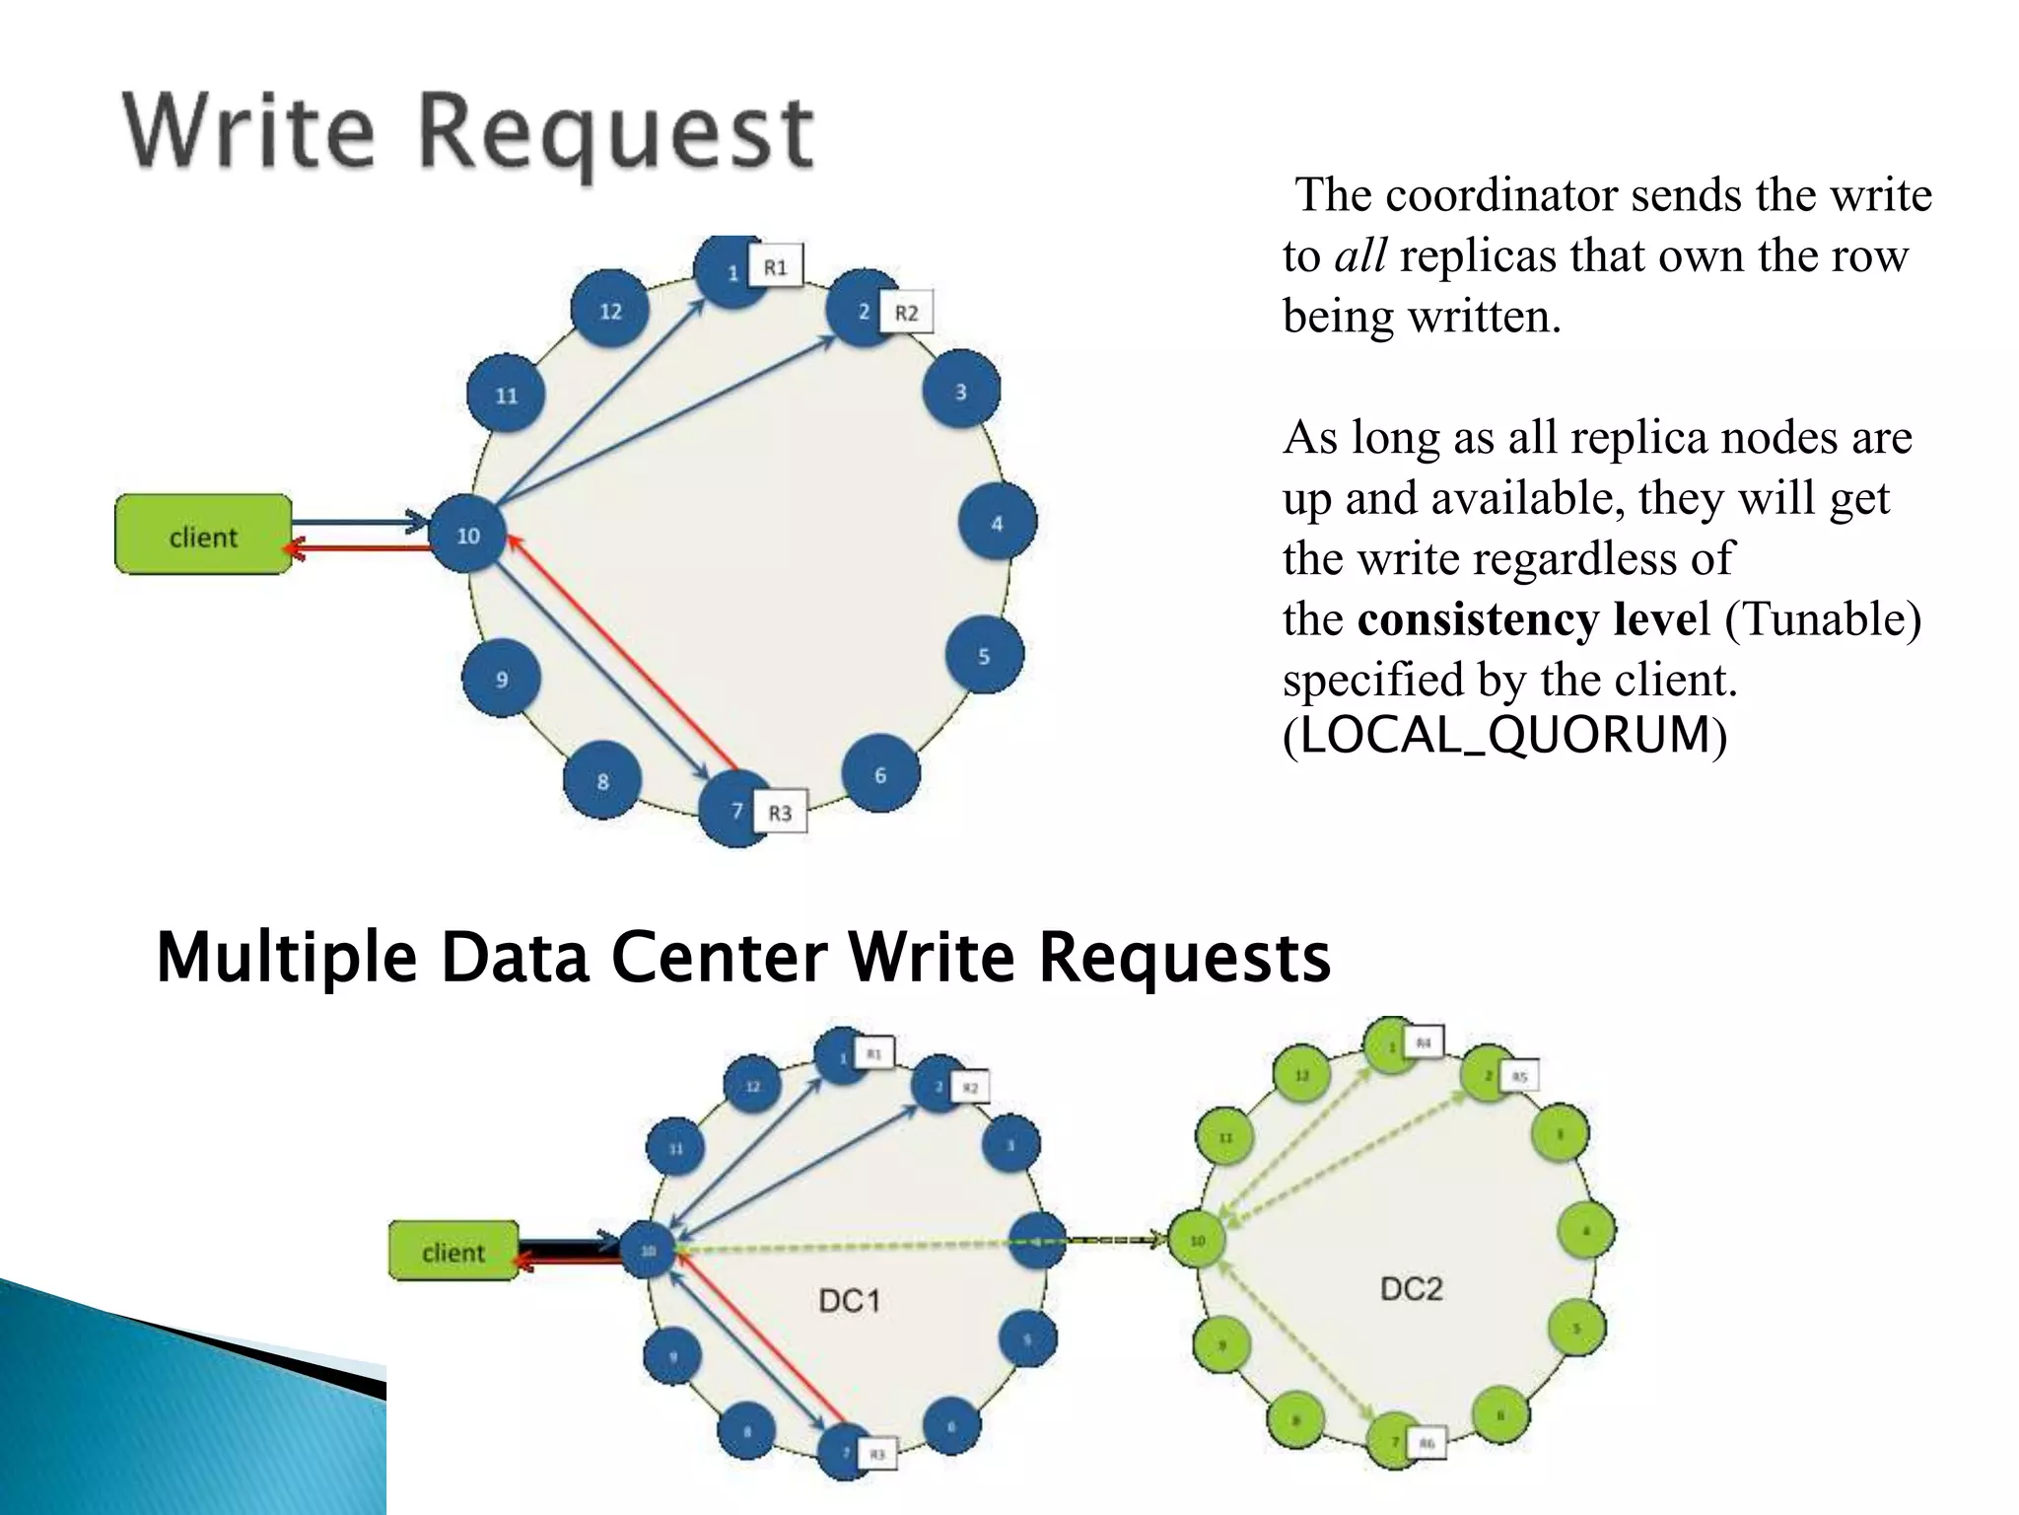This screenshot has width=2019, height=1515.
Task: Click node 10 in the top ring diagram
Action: point(467,536)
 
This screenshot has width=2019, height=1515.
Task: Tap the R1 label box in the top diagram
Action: point(776,266)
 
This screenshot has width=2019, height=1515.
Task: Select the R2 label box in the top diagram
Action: point(906,313)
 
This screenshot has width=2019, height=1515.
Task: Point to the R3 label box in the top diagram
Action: point(780,813)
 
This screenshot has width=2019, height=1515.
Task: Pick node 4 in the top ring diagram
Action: point(997,523)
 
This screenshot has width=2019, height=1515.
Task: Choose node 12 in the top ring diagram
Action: point(610,311)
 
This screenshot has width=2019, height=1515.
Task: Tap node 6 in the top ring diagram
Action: point(880,775)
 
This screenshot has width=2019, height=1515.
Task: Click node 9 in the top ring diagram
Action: point(502,679)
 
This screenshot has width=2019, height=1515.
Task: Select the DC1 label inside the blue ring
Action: point(849,1301)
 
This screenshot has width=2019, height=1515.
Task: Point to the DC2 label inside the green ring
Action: point(1411,1288)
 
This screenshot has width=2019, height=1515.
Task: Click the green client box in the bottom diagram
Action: point(453,1252)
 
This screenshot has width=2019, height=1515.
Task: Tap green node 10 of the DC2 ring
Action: point(1197,1240)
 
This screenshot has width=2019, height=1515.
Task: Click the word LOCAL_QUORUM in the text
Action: point(1504,735)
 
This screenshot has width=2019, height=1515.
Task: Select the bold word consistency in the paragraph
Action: point(1478,619)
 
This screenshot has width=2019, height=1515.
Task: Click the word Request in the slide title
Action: point(616,133)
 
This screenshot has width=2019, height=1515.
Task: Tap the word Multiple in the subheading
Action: point(286,958)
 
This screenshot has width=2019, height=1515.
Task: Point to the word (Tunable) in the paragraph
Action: point(1822,619)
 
